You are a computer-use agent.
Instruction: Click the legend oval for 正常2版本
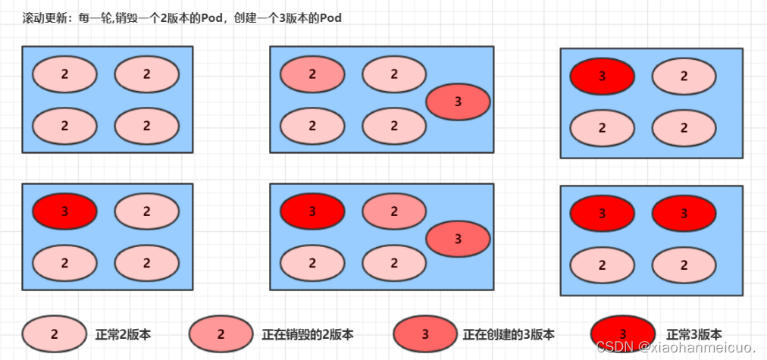[54, 334]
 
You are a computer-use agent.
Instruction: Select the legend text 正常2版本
[124, 334]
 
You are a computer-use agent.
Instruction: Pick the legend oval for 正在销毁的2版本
[221, 334]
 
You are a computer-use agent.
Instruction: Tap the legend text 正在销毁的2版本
[308, 334]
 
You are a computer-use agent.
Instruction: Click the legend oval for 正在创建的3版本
[425, 334]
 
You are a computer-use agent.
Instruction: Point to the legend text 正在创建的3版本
[509, 334]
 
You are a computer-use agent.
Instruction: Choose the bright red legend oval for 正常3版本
[622, 334]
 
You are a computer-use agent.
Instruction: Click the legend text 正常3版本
[694, 334]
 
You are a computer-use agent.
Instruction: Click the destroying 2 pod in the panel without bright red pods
[312, 74]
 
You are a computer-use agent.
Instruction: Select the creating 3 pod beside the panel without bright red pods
[458, 102]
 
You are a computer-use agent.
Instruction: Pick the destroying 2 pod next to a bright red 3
[394, 212]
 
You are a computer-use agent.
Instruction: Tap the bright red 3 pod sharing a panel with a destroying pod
[312, 212]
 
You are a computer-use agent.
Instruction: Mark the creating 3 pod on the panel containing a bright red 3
[458, 239]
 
